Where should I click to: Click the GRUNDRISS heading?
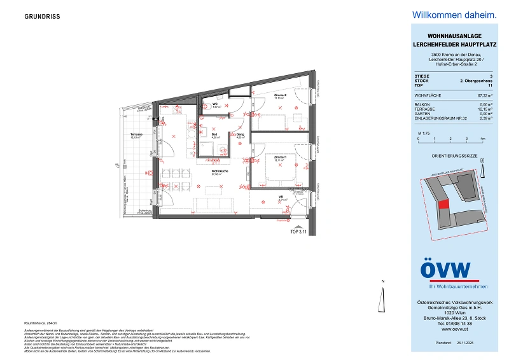click(43, 17)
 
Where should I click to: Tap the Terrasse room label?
click(136, 135)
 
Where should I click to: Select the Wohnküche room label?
click(220, 171)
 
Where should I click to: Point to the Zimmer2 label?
click(281, 95)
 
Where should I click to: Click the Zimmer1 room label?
click(280, 157)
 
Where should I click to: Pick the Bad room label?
click(215, 135)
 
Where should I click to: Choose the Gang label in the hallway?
click(241, 135)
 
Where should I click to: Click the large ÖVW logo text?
click(445, 270)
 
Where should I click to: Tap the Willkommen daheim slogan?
click(445, 15)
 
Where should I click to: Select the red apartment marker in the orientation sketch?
click(444, 203)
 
